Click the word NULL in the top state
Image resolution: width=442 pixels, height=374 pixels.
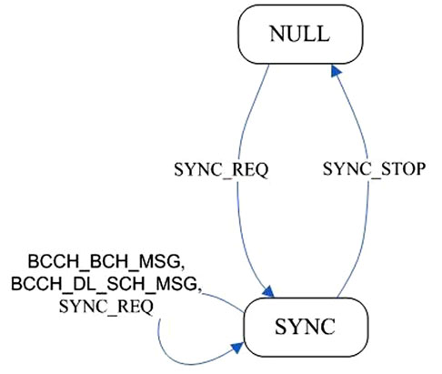pyautogui.click(x=299, y=34)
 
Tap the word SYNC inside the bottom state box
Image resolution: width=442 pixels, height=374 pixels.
pyautogui.click(x=305, y=327)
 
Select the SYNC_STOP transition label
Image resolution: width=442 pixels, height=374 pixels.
pyautogui.click(x=374, y=169)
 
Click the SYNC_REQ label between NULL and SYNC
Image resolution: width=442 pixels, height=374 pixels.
pyautogui.click(x=221, y=169)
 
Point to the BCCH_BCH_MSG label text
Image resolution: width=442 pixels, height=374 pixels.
pyautogui.click(x=106, y=261)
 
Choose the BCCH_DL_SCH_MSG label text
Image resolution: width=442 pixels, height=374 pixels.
pyautogui.click(x=106, y=284)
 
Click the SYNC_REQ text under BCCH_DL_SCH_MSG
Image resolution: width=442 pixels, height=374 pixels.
pyautogui.click(x=106, y=307)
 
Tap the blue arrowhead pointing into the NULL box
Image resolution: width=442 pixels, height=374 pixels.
pyautogui.click(x=336, y=70)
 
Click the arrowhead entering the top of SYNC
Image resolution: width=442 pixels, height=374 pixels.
pyautogui.click(x=268, y=291)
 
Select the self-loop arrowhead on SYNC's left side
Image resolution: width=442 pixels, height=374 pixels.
pyautogui.click(x=237, y=348)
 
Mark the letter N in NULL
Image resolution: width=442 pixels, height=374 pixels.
pyautogui.click(x=276, y=34)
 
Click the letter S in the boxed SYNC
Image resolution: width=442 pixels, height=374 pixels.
pyautogui.click(x=280, y=327)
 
